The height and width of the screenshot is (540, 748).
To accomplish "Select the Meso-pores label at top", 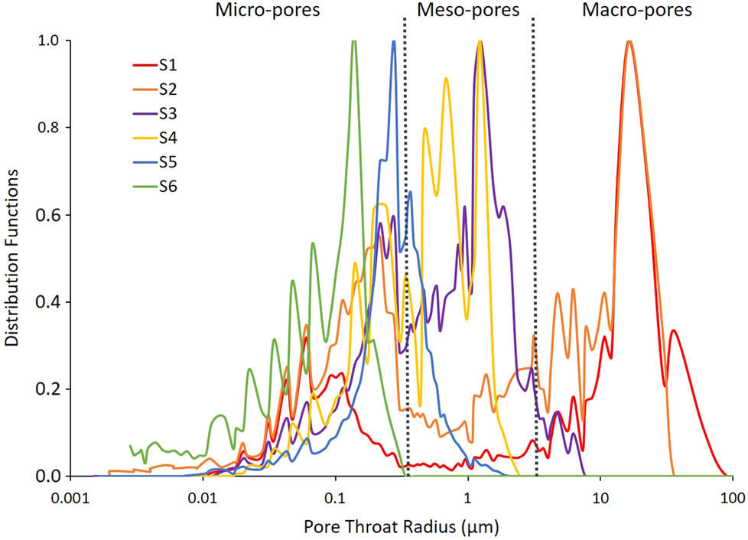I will (x=467, y=11).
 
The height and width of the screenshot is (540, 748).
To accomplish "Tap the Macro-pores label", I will (x=636, y=11).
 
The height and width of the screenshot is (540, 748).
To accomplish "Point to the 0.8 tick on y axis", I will (x=50, y=128).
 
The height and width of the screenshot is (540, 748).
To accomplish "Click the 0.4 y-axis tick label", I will (x=50, y=302).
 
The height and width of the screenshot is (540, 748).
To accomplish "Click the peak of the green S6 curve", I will (x=353, y=42).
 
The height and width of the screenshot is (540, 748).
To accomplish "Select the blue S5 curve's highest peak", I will (x=394, y=42).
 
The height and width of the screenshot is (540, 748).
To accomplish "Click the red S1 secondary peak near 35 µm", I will (x=673, y=330).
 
